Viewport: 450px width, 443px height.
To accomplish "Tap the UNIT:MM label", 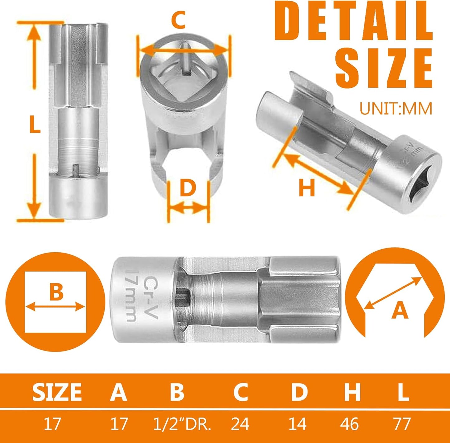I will [396, 109].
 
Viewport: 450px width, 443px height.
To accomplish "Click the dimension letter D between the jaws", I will [188, 188].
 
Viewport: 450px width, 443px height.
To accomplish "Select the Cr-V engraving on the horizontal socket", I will [152, 297].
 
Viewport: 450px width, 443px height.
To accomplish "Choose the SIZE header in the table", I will [57, 392].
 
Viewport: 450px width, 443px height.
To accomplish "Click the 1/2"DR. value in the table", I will [182, 424].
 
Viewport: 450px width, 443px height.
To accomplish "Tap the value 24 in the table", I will [240, 424].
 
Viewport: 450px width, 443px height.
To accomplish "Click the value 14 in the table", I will [297, 424].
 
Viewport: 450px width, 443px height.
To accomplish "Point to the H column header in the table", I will [352, 392].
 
